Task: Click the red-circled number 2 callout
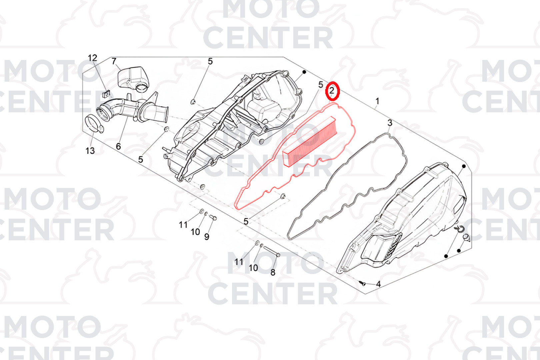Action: coord(332,91)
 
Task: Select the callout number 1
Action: coord(378,101)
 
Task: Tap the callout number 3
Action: coord(390,123)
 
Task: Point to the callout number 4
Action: coord(378,284)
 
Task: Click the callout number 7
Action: coord(114,61)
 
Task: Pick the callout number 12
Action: coord(93,58)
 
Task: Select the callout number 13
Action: coord(90,151)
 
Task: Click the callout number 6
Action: coord(118,146)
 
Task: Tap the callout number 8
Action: coord(273,272)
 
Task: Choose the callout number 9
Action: coord(207,237)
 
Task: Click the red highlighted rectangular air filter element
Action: coord(310,142)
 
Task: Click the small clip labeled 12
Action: coord(106,94)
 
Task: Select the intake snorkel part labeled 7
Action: coord(133,78)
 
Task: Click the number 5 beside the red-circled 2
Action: coord(320,85)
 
